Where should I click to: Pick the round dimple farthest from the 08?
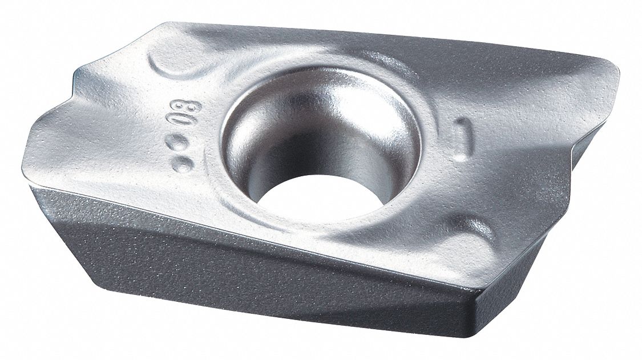pos(184,165)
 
